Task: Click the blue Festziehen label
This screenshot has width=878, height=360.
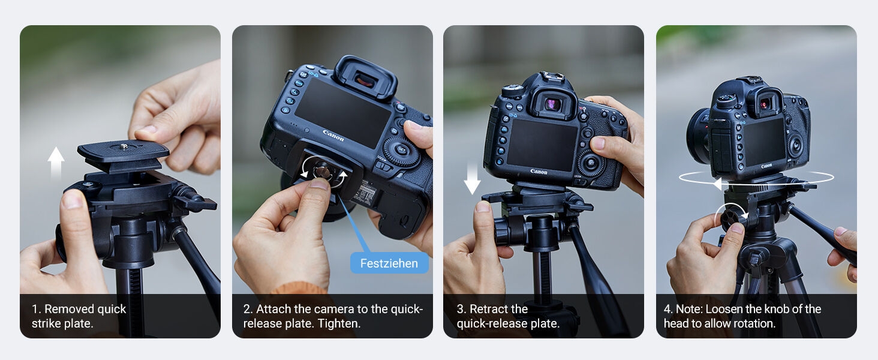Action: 389,263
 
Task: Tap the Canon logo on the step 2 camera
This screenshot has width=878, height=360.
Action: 333,136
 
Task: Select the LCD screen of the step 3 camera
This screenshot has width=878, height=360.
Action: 541,144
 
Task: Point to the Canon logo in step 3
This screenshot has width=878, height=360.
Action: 539,172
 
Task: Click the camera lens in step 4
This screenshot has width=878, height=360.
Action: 697,136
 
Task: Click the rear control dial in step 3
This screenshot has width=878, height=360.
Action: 590,163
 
